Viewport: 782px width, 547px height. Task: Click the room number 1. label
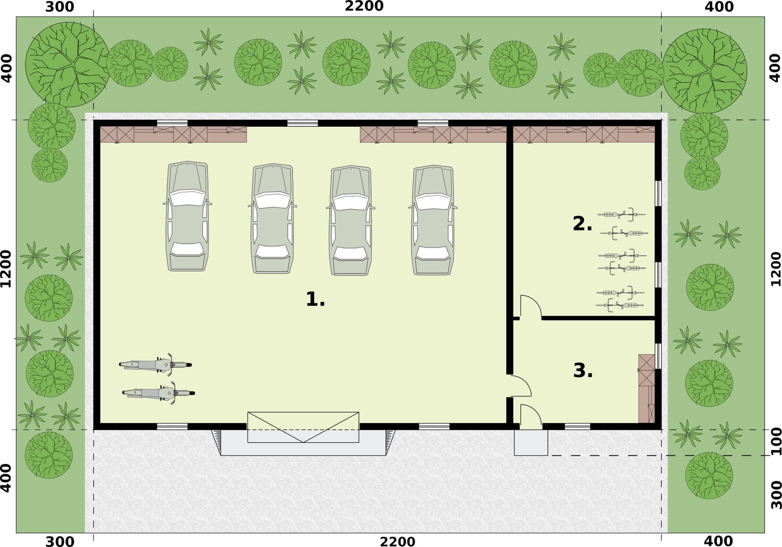coord(315,299)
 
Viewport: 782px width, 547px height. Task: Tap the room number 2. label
coord(582,224)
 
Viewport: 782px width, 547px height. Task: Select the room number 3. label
coord(583,371)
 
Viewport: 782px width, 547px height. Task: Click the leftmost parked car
coord(187,216)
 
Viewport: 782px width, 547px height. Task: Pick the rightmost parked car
coord(433,220)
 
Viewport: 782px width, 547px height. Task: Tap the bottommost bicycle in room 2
coord(619,305)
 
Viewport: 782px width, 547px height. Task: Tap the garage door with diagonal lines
coord(303,427)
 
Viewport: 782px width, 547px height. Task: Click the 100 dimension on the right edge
coord(777,441)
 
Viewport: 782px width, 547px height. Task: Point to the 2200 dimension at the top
coord(364,7)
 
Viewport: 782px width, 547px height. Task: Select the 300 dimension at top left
coord(59,7)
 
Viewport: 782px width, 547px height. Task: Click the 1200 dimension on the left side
coord(6,269)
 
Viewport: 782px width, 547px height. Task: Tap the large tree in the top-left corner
coord(67,64)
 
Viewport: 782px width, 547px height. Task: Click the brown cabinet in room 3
coord(647,389)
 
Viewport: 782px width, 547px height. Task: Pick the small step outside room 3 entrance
coord(531,443)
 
